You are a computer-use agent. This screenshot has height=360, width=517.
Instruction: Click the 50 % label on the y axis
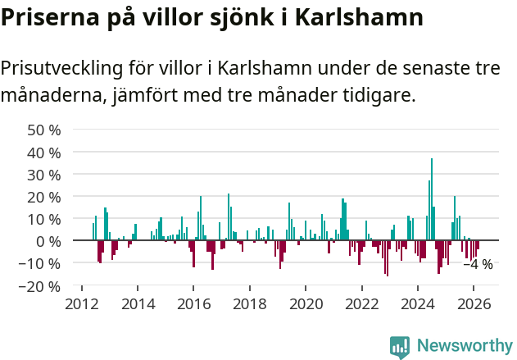43,130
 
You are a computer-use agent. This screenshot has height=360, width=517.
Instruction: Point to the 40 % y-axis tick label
43,153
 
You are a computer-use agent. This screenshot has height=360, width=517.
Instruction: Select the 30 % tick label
43,175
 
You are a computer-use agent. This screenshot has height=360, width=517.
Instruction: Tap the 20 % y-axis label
43,197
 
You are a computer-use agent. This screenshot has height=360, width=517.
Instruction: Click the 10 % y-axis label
43,219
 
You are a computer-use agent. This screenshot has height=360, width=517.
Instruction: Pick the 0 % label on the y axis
48,241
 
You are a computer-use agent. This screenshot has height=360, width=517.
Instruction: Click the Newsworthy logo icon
400,346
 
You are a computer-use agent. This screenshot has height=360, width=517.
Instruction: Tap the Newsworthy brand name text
465,346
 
